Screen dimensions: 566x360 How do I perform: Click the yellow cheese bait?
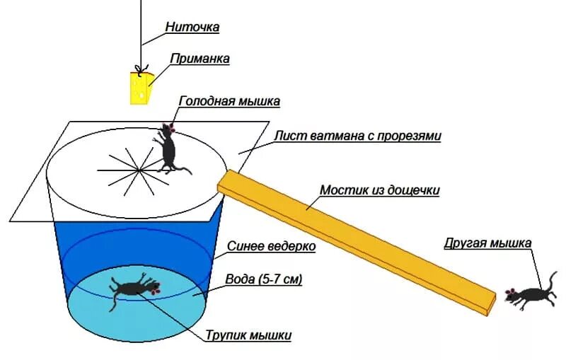(x=140, y=88)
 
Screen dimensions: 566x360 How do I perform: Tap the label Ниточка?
(x=192, y=27)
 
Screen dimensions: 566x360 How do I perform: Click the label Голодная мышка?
(x=229, y=101)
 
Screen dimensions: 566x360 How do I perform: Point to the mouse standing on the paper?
(x=168, y=149)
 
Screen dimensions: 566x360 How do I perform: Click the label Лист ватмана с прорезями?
(x=357, y=136)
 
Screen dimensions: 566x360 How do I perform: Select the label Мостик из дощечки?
(x=380, y=190)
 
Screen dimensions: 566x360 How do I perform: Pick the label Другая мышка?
(x=487, y=244)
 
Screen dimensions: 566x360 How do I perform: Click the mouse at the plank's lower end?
(x=526, y=295)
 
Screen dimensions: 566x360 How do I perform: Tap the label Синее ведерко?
(x=271, y=247)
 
